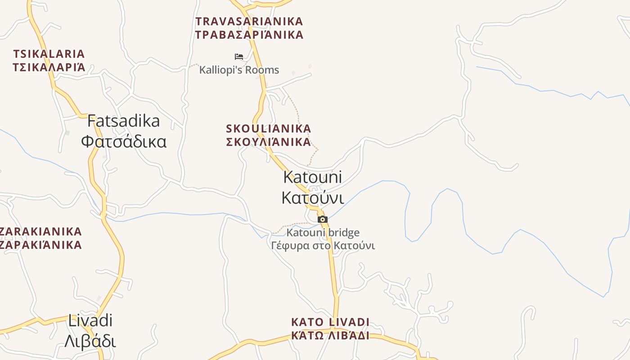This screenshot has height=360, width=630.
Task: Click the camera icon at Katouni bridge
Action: (x=323, y=220)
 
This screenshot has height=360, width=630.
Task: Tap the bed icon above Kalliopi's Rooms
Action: (x=239, y=57)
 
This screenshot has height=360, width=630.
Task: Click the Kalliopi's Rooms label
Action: (x=239, y=70)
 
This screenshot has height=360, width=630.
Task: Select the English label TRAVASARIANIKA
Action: (x=249, y=21)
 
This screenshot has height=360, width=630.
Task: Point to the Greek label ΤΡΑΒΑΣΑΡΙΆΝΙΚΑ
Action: (x=249, y=35)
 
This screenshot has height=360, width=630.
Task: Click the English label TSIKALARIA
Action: (x=49, y=54)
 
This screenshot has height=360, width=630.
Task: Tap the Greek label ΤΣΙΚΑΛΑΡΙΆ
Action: (x=49, y=67)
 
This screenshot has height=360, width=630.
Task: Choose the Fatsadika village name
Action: (x=123, y=121)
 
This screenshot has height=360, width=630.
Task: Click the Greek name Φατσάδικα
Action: (x=124, y=141)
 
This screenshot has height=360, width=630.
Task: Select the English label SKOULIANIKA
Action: (x=269, y=129)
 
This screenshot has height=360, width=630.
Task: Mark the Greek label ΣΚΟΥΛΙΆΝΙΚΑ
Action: (x=269, y=142)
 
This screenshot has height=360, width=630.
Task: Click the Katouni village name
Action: (x=312, y=177)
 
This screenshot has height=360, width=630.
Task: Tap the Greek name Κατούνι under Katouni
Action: (x=312, y=198)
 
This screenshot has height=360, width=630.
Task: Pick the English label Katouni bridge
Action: (x=323, y=233)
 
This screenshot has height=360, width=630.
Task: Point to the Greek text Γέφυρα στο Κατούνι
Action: (x=323, y=246)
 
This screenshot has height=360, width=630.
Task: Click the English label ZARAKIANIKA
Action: (x=40, y=232)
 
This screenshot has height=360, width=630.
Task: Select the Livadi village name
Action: (x=90, y=321)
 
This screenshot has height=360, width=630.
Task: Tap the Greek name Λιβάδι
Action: (x=90, y=341)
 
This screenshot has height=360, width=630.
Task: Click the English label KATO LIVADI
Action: (x=330, y=322)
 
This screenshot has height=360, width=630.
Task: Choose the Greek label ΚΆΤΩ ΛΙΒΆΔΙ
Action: (x=330, y=336)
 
